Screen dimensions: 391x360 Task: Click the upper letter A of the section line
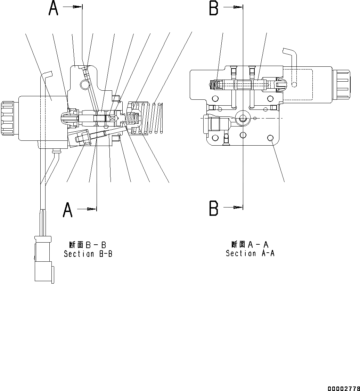point(53,8)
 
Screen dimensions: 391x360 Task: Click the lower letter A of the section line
point(67,210)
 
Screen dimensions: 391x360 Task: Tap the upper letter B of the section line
point(213,8)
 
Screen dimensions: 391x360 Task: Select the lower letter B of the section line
point(213,209)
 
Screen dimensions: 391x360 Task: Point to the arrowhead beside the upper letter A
point(78,7)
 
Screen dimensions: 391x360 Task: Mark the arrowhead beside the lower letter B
point(238,207)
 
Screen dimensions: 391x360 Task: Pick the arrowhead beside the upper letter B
point(238,7)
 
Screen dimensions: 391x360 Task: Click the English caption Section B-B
point(88,254)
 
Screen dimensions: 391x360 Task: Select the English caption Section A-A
point(250,253)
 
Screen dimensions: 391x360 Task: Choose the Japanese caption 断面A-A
point(250,244)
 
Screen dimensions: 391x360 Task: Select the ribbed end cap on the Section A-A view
point(341,84)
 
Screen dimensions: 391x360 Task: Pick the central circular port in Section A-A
point(242,119)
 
